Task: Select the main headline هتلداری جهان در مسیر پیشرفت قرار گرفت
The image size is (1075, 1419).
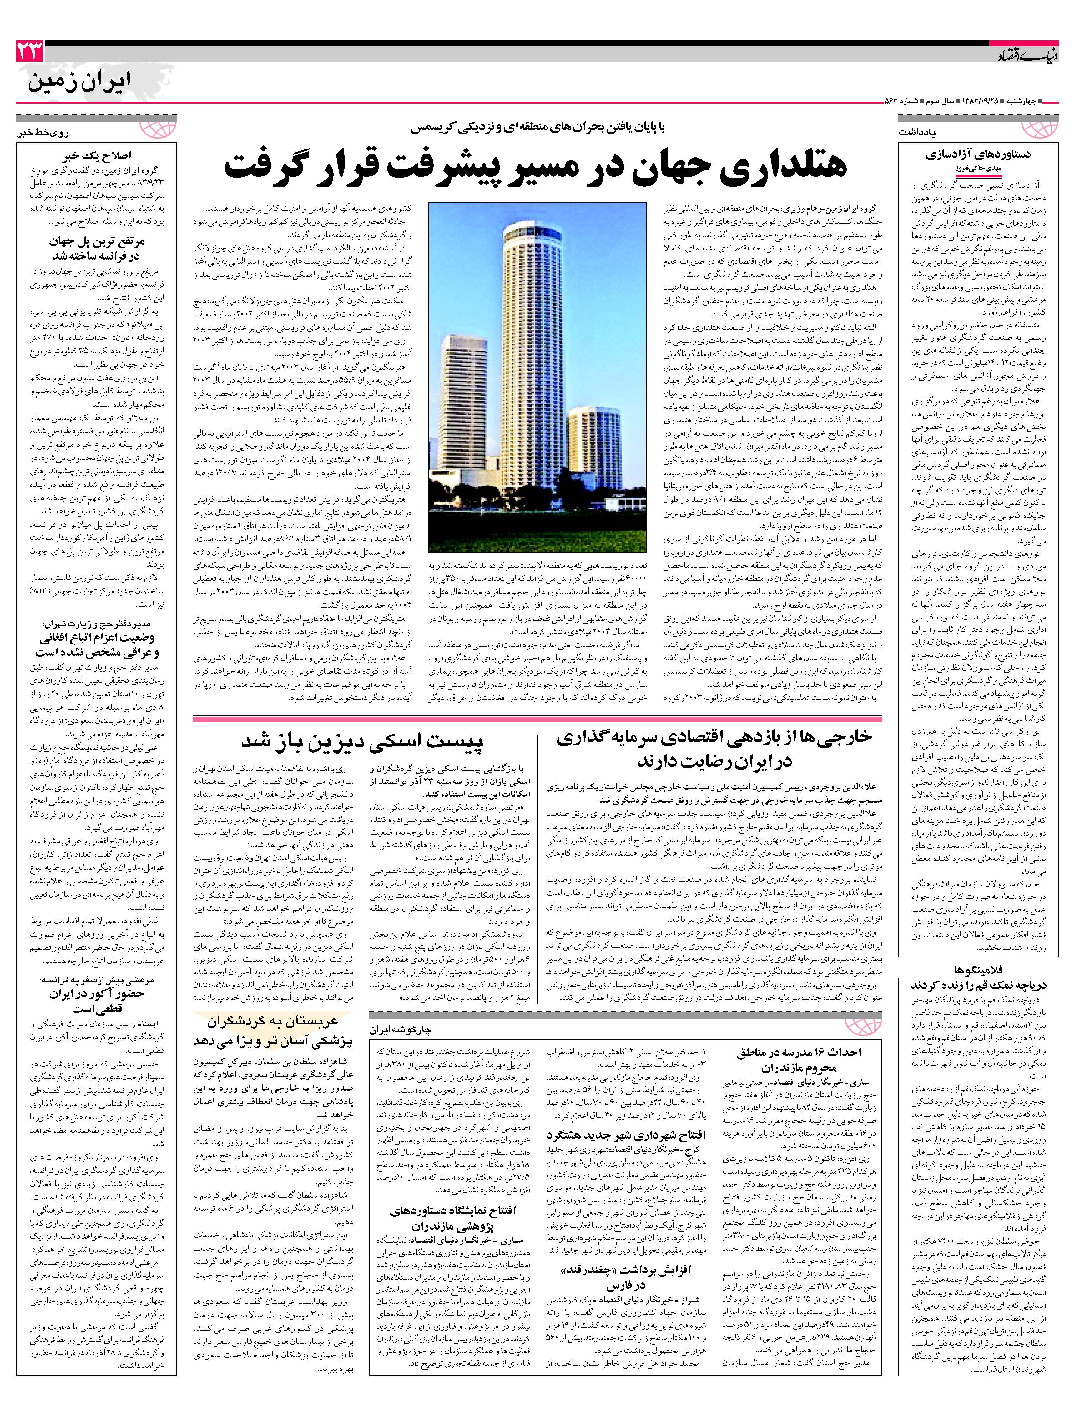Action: (x=536, y=165)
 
